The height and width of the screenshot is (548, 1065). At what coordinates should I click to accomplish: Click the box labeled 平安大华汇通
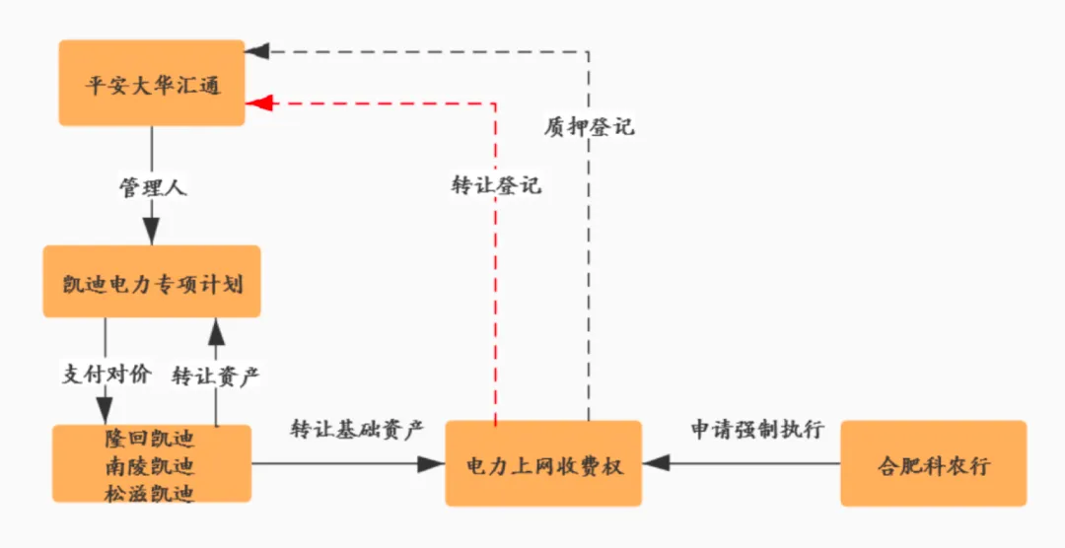tap(152, 83)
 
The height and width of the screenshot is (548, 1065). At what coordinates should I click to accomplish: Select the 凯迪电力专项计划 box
tap(152, 283)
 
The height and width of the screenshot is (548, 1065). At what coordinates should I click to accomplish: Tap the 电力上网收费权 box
tap(543, 464)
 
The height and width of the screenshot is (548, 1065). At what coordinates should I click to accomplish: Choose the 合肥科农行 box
tap(933, 464)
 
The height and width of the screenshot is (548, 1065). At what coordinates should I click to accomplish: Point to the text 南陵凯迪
tap(150, 464)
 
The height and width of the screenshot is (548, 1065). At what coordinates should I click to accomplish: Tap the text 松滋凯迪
tap(150, 492)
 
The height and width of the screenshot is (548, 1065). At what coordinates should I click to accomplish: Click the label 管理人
tap(151, 186)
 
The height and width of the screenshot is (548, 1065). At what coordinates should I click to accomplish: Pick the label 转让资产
tap(215, 376)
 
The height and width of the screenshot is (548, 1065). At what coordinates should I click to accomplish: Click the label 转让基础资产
tap(356, 430)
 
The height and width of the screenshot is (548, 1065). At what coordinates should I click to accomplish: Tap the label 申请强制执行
tap(756, 430)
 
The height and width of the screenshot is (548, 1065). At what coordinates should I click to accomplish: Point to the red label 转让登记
tap(496, 185)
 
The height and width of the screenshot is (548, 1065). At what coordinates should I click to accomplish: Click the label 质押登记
tap(590, 126)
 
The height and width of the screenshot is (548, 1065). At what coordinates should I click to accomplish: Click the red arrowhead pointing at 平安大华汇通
tap(257, 102)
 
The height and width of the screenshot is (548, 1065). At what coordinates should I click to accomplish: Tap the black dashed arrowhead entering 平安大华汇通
tap(257, 50)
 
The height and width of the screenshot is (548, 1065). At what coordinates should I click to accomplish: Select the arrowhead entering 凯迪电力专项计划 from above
tap(151, 234)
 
